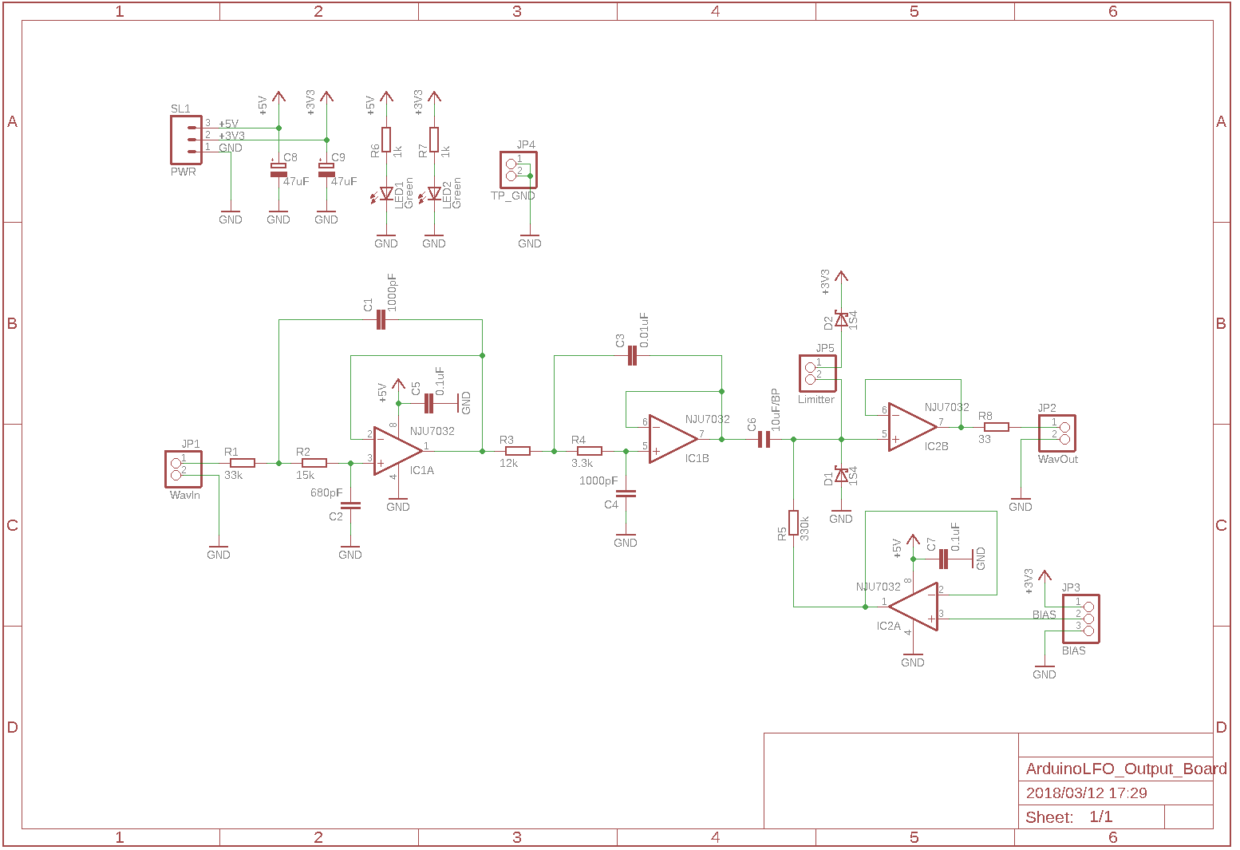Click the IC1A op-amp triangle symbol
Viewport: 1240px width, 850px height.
[396, 451]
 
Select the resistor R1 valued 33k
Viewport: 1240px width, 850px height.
[242, 463]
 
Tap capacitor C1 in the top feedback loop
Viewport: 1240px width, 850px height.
[381, 320]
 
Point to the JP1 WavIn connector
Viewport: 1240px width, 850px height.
[183, 468]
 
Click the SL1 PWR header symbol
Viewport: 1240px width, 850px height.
[185, 140]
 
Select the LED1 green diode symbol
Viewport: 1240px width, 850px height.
[387, 193]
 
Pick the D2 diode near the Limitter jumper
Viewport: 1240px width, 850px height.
[841, 319]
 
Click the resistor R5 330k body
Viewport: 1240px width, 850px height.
[793, 523]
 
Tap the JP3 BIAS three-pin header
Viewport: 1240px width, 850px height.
[1080, 619]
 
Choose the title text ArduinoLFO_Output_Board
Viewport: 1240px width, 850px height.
[1125, 769]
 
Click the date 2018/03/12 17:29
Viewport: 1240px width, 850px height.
[1086, 793]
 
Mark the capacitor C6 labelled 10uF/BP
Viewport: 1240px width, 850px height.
[764, 439]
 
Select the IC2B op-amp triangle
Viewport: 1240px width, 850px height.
[910, 427]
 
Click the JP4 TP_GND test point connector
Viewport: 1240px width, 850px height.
[518, 170]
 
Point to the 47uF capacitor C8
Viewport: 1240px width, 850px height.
[278, 169]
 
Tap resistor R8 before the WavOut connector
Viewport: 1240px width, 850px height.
[996, 427]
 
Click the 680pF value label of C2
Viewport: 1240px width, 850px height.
[326, 493]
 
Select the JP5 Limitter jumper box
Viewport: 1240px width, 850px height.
[818, 373]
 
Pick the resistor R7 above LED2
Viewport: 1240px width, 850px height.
[434, 140]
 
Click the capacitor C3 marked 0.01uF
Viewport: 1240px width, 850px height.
[632, 356]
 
